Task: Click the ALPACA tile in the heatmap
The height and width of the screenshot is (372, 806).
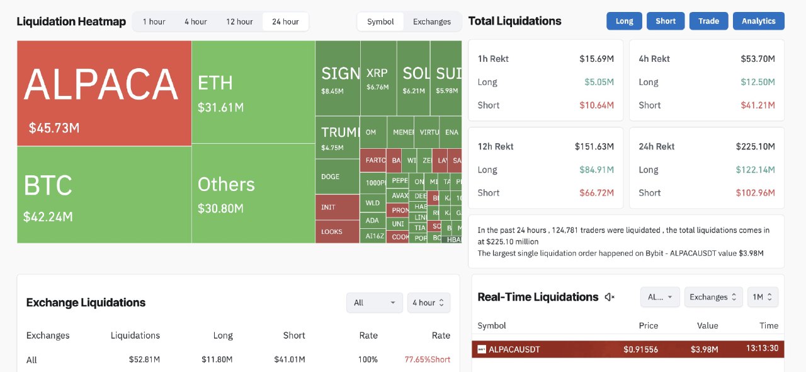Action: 104,93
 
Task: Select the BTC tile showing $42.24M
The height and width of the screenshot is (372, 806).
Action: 104,194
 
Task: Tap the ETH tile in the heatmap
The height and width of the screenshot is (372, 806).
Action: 253,92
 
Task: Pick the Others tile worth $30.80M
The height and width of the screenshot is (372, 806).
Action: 253,194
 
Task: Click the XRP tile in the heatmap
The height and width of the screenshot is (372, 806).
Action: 378,78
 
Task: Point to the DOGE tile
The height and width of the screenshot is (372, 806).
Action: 337,177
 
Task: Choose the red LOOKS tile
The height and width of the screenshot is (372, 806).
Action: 337,231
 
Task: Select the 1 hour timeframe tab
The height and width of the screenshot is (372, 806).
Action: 154,21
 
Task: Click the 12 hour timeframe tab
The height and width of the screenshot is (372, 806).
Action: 239,21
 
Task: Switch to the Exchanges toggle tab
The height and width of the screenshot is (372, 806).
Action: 432,21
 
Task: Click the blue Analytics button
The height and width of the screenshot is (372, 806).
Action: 758,21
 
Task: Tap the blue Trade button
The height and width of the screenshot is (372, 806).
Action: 708,21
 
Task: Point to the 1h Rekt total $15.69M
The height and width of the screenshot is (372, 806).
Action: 596,59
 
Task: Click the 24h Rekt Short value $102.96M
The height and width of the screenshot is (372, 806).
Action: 755,192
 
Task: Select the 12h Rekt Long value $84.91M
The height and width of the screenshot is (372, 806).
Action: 596,169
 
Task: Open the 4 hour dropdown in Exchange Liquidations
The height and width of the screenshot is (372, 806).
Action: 428,303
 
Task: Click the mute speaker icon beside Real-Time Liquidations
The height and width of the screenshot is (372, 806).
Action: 610,297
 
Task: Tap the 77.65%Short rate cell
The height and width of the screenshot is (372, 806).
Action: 427,359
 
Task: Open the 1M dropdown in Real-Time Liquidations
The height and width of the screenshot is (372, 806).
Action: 763,297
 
